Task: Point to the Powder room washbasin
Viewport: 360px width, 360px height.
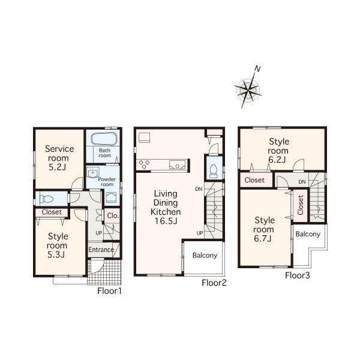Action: tap(91, 173)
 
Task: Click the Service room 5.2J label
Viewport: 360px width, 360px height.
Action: tap(59, 157)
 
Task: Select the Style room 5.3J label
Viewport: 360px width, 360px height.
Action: tap(58, 245)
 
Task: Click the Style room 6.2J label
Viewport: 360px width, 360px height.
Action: tap(278, 151)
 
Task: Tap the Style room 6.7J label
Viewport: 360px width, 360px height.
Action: tap(263, 229)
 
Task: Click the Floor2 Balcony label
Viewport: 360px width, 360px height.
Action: tap(204, 256)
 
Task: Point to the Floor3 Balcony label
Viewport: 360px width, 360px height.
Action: tap(308, 234)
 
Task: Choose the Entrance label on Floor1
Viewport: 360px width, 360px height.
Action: tap(101, 250)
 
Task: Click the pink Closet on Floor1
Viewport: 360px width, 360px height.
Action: tap(52, 212)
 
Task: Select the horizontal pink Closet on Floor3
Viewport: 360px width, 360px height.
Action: tap(254, 180)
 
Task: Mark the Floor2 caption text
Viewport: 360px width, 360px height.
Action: tap(213, 283)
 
